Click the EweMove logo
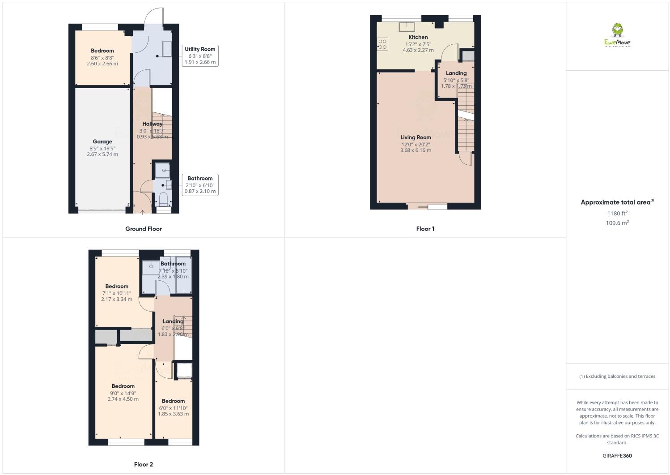(x=617, y=36)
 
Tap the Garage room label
(x=102, y=141)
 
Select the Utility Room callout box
(x=200, y=56)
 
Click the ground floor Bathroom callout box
(x=200, y=184)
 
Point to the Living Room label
(x=416, y=137)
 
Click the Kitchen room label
(x=418, y=37)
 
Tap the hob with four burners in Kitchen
(x=383, y=43)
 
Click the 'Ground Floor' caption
(x=143, y=229)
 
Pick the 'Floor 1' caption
(x=425, y=229)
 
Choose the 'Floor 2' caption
(x=143, y=464)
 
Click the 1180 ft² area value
(x=617, y=213)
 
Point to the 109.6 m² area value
(x=617, y=223)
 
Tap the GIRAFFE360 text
(x=617, y=456)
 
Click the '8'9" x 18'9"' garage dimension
(x=102, y=148)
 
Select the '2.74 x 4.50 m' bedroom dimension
(x=123, y=399)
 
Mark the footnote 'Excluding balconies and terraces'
(x=617, y=376)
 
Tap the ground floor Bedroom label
(x=102, y=51)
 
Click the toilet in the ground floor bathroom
(x=163, y=198)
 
